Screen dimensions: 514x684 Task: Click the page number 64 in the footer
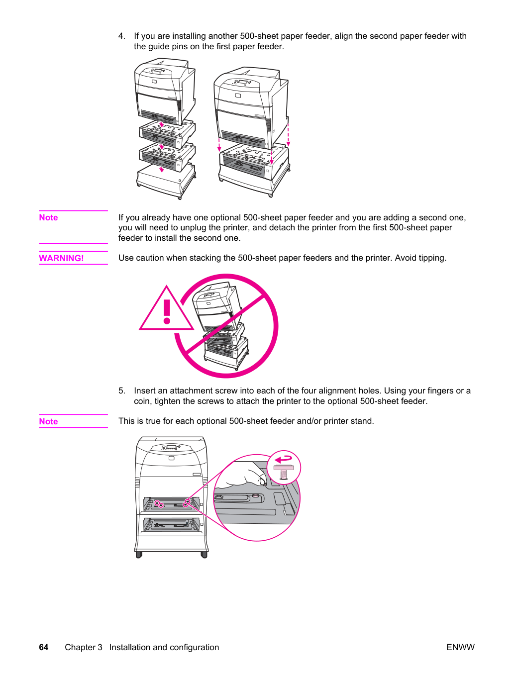(x=44, y=647)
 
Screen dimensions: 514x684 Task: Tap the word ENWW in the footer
(x=460, y=647)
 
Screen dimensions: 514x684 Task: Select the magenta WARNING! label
(x=61, y=258)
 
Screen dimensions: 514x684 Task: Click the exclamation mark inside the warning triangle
(x=167, y=311)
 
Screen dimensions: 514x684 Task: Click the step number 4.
(x=121, y=36)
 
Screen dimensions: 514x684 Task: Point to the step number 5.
(x=121, y=391)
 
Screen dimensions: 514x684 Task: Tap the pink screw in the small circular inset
(x=284, y=471)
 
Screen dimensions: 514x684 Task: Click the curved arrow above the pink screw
(x=283, y=459)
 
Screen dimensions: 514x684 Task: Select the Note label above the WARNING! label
(x=48, y=217)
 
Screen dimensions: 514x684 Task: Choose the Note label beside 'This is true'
(x=48, y=421)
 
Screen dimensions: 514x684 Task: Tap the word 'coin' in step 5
(x=142, y=401)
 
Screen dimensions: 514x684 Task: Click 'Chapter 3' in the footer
(x=84, y=647)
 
